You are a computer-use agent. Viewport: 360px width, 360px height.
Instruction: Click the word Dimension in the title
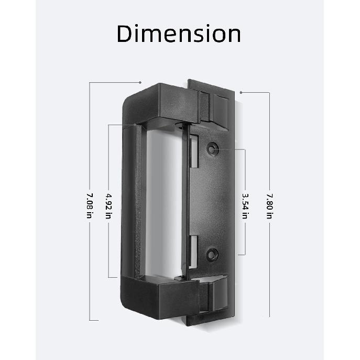point(179,34)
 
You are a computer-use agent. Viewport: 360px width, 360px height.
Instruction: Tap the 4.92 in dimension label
point(108,201)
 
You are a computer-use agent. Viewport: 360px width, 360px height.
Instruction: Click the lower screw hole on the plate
point(212,255)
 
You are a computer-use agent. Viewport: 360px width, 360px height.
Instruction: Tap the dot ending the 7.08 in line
point(140,82)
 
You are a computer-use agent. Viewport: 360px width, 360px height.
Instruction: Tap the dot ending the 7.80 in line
point(241,92)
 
